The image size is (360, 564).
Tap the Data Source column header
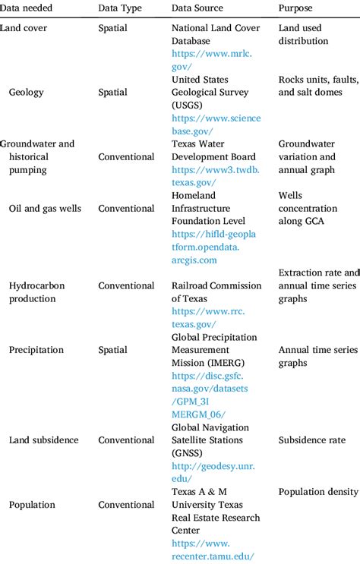click(x=197, y=8)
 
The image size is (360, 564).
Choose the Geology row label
click(x=27, y=92)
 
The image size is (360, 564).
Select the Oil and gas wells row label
click(x=44, y=208)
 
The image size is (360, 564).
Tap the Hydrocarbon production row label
click(x=37, y=292)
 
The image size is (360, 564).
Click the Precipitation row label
click(x=36, y=350)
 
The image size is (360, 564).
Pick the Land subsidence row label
click(x=44, y=440)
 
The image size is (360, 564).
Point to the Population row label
click(x=33, y=505)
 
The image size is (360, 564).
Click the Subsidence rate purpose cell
click(x=311, y=440)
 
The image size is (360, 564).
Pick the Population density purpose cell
click(x=317, y=492)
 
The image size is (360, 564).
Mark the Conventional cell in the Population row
click(x=126, y=505)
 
